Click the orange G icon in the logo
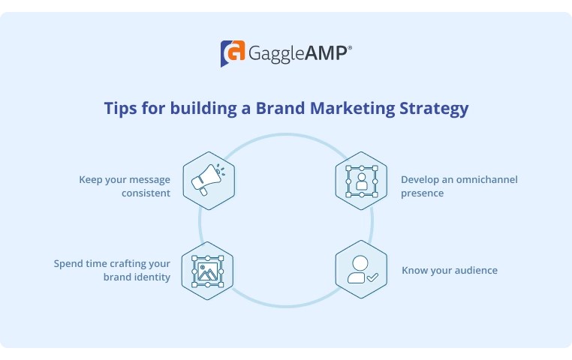click(233, 53)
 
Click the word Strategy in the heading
click(435, 109)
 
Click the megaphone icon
click(208, 180)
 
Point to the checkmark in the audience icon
click(372, 277)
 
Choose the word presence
click(422, 193)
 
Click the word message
click(149, 180)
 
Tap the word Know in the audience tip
click(414, 270)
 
